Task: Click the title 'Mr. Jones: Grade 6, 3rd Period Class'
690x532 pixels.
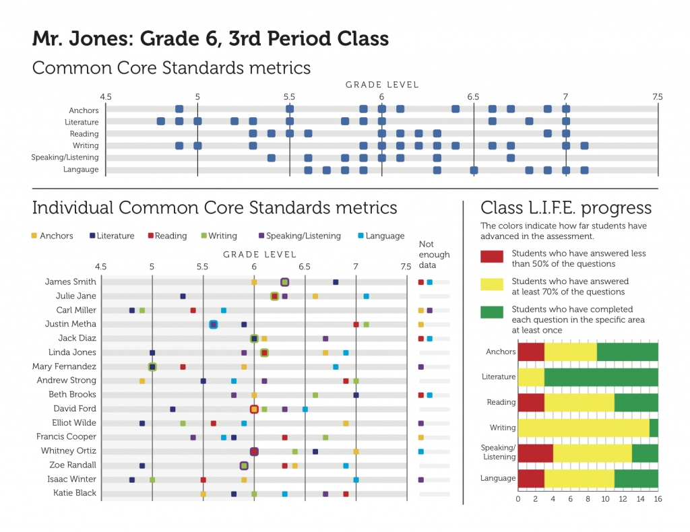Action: coord(210,38)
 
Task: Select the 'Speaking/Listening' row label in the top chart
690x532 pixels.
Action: coord(65,158)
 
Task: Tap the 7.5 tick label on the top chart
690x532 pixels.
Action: coord(657,97)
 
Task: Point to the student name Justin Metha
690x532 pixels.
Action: coord(71,325)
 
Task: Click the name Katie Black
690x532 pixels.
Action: coord(75,494)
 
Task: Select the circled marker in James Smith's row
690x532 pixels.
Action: coord(285,282)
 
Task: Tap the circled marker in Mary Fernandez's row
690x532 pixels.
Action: coord(152,367)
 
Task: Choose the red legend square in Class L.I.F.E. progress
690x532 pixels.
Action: coord(491,258)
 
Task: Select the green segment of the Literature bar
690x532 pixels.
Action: coord(600,377)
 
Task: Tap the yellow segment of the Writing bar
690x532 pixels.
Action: coord(583,428)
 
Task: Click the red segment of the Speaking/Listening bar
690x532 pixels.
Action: coord(535,453)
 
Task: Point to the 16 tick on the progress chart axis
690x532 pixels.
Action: coord(658,499)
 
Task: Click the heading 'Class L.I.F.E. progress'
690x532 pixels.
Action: coord(565,207)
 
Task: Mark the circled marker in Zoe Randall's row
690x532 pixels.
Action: coord(244,465)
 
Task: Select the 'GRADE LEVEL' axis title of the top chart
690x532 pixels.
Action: coord(382,85)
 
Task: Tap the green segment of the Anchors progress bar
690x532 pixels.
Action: coord(627,352)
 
